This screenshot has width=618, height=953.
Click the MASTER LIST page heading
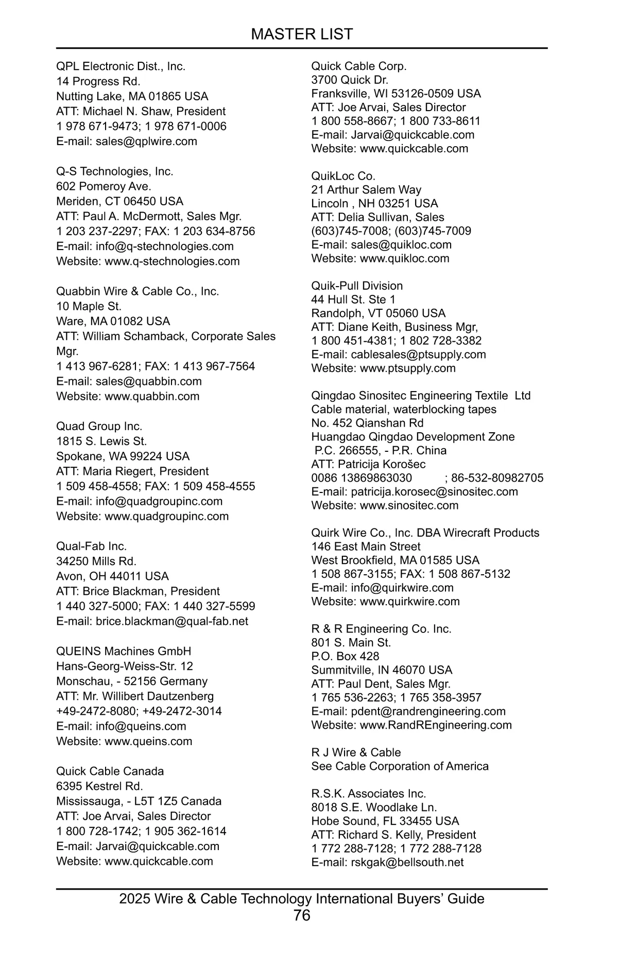click(302, 34)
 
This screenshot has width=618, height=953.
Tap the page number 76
click(302, 915)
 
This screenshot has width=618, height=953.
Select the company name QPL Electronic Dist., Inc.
click(121, 66)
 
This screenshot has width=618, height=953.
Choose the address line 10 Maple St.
click(89, 307)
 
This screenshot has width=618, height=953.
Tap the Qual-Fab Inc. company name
click(91, 546)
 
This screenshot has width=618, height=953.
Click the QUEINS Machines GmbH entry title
click(124, 651)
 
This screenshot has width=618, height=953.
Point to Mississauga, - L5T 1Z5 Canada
click(139, 801)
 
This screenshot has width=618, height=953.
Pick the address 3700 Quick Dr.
click(350, 80)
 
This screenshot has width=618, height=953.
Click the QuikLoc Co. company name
click(343, 176)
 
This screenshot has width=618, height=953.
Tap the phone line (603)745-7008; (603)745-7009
click(391, 231)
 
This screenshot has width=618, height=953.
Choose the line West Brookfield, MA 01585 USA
click(395, 560)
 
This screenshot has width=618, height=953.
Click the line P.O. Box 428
click(345, 657)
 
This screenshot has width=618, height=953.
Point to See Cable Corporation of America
click(400, 766)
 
